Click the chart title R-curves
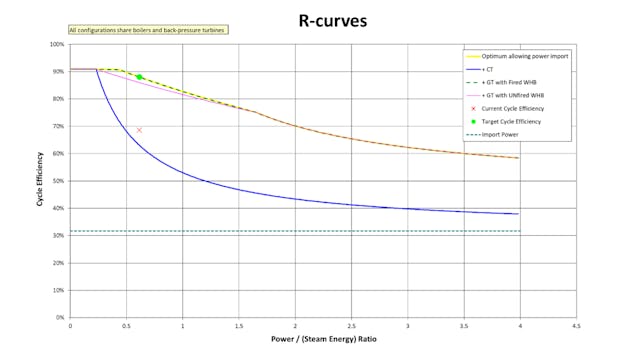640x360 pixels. (x=323, y=19)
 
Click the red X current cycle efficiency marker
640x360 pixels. (x=139, y=130)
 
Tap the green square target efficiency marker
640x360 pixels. (x=140, y=77)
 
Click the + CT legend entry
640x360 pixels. (x=491, y=70)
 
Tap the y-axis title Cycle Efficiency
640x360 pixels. (x=40, y=180)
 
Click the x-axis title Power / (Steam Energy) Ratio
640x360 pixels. (x=322, y=339)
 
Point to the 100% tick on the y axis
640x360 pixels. (x=57, y=45)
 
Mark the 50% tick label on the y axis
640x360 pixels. (x=58, y=181)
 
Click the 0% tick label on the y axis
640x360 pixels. (x=60, y=317)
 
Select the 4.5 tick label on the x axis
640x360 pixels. (x=575, y=326)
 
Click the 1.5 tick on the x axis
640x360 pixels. (x=238, y=326)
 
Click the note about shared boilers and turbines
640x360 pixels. (x=147, y=30)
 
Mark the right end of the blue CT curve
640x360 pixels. (x=518, y=214)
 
